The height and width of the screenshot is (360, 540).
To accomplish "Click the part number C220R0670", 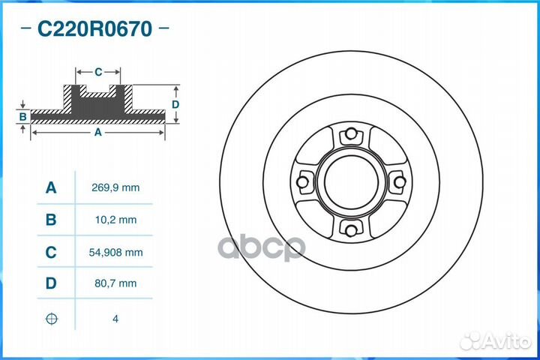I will point(95,29).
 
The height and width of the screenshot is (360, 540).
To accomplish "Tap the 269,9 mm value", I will point(115,187).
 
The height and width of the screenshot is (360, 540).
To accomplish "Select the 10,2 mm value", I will point(115,220).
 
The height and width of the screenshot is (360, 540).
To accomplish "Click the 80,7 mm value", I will point(115,283).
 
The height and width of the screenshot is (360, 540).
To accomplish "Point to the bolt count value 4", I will point(115,319).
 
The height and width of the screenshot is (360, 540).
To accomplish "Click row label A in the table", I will point(51,187).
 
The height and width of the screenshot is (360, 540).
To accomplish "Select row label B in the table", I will point(51,220).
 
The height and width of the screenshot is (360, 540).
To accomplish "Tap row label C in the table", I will point(51,253).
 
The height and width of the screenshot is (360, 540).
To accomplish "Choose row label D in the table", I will point(51,283).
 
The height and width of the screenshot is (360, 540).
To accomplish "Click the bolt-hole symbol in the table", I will point(51,319).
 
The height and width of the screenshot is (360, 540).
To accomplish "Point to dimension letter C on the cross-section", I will point(98,73).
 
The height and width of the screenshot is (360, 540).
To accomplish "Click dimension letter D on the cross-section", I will point(175,104).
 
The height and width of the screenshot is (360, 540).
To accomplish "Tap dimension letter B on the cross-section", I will point(23,116).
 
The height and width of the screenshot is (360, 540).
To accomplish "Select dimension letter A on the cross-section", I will point(97,133).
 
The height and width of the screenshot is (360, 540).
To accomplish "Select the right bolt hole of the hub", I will point(398,182).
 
